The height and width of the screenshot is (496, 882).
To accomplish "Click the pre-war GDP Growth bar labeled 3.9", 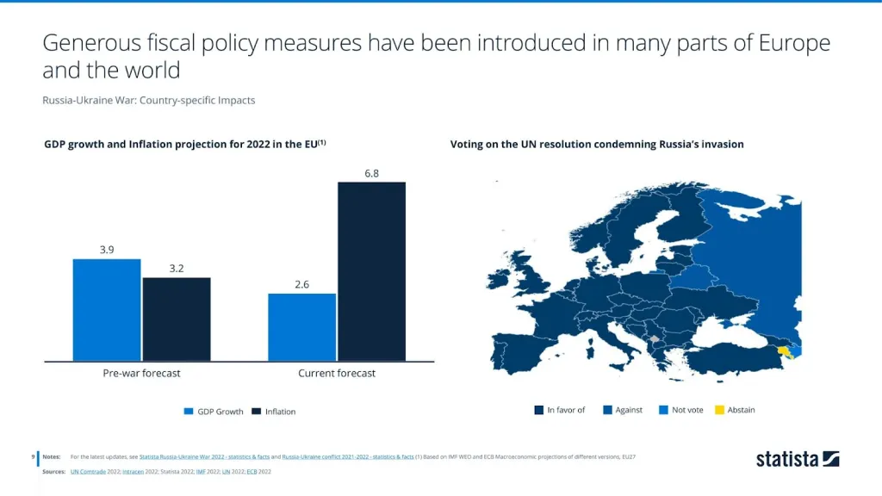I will pos(107,310).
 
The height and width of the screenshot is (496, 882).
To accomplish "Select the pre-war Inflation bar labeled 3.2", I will pos(177,319).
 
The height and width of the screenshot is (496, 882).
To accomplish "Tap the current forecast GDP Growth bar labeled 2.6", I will pos(301,327).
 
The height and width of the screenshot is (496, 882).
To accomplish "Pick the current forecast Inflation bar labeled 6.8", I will pos(371,271).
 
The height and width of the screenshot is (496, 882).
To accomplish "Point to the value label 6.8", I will pos(371,173).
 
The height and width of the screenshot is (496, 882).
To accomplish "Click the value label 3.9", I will pos(107,250).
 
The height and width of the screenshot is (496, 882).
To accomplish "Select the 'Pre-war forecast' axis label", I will pos(142,374).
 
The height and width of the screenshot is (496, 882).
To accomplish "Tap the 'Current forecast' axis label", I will pos(337,374).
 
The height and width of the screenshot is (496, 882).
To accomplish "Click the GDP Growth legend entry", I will pos(214,412).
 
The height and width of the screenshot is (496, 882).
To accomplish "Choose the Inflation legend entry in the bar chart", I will pos(274,412).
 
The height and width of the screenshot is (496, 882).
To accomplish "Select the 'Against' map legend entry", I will pos(623,410).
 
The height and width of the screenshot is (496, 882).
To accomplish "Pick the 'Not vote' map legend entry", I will pos(681,410).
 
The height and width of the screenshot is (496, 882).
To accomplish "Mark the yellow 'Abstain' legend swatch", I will pos(719,410).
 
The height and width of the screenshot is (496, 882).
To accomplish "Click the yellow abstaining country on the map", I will pos(784,350).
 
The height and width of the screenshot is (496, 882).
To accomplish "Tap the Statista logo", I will pos(797,458).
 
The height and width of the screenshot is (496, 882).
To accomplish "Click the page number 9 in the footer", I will pos(32,456).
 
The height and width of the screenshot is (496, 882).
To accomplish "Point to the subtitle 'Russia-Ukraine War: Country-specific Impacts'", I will pos(148,101).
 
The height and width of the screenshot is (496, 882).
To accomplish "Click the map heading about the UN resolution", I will pos(596,145).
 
